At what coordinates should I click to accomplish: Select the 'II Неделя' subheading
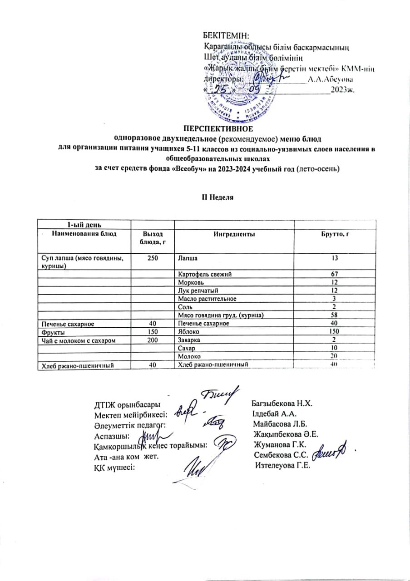217,196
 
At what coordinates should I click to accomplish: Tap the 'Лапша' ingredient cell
188,258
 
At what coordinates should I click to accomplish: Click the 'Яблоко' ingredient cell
189,331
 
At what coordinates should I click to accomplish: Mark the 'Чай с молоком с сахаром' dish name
73,340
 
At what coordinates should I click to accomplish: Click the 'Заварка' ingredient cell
190,340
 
